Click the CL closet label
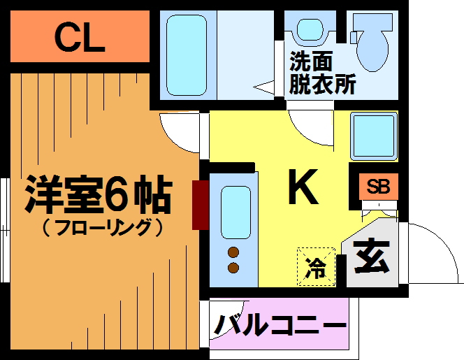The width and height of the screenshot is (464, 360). pyautogui.click(x=80, y=39)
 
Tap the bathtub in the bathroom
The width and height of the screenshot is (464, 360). pyautogui.click(x=187, y=55)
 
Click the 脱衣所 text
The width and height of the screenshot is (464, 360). pyautogui.click(x=323, y=84)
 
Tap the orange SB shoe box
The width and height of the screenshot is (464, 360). pyautogui.click(x=378, y=187)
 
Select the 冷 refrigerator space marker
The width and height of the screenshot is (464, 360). pyautogui.click(x=317, y=267)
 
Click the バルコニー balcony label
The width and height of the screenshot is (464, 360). pyautogui.click(x=280, y=325)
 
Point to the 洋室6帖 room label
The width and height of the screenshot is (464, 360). pyautogui.click(x=98, y=196)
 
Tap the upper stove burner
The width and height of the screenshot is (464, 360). pyautogui.click(x=234, y=253)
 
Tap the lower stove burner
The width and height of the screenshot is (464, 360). pyautogui.click(x=234, y=268)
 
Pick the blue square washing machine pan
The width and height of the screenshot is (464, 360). pyautogui.click(x=373, y=135)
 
